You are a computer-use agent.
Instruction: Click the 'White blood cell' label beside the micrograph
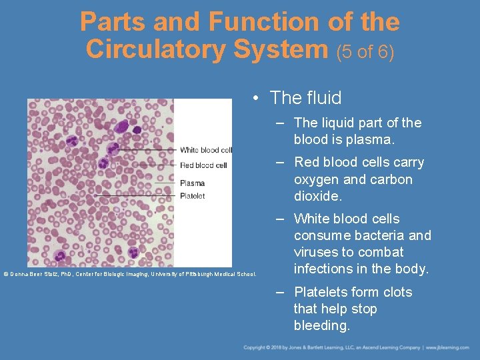tap(205, 150)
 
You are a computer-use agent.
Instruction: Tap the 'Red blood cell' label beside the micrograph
tap(203, 165)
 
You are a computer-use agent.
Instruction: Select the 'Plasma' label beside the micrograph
tap(192, 183)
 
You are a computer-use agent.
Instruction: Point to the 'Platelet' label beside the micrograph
tap(192, 196)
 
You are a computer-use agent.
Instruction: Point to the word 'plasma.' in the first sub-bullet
tap(371, 140)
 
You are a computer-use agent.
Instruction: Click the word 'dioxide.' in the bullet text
tap(318, 196)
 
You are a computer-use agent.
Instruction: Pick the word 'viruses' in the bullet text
tap(317, 252)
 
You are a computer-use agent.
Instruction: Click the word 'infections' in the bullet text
tap(325, 269)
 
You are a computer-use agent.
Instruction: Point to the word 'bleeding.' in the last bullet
tap(322, 325)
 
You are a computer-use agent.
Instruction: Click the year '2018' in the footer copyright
tap(275, 347)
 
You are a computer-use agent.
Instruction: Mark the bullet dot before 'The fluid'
tap(256, 99)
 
